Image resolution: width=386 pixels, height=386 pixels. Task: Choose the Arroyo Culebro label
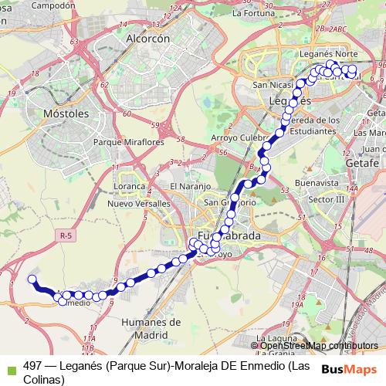tap(239, 138)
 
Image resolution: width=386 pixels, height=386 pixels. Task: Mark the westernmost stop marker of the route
tap(32, 279)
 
